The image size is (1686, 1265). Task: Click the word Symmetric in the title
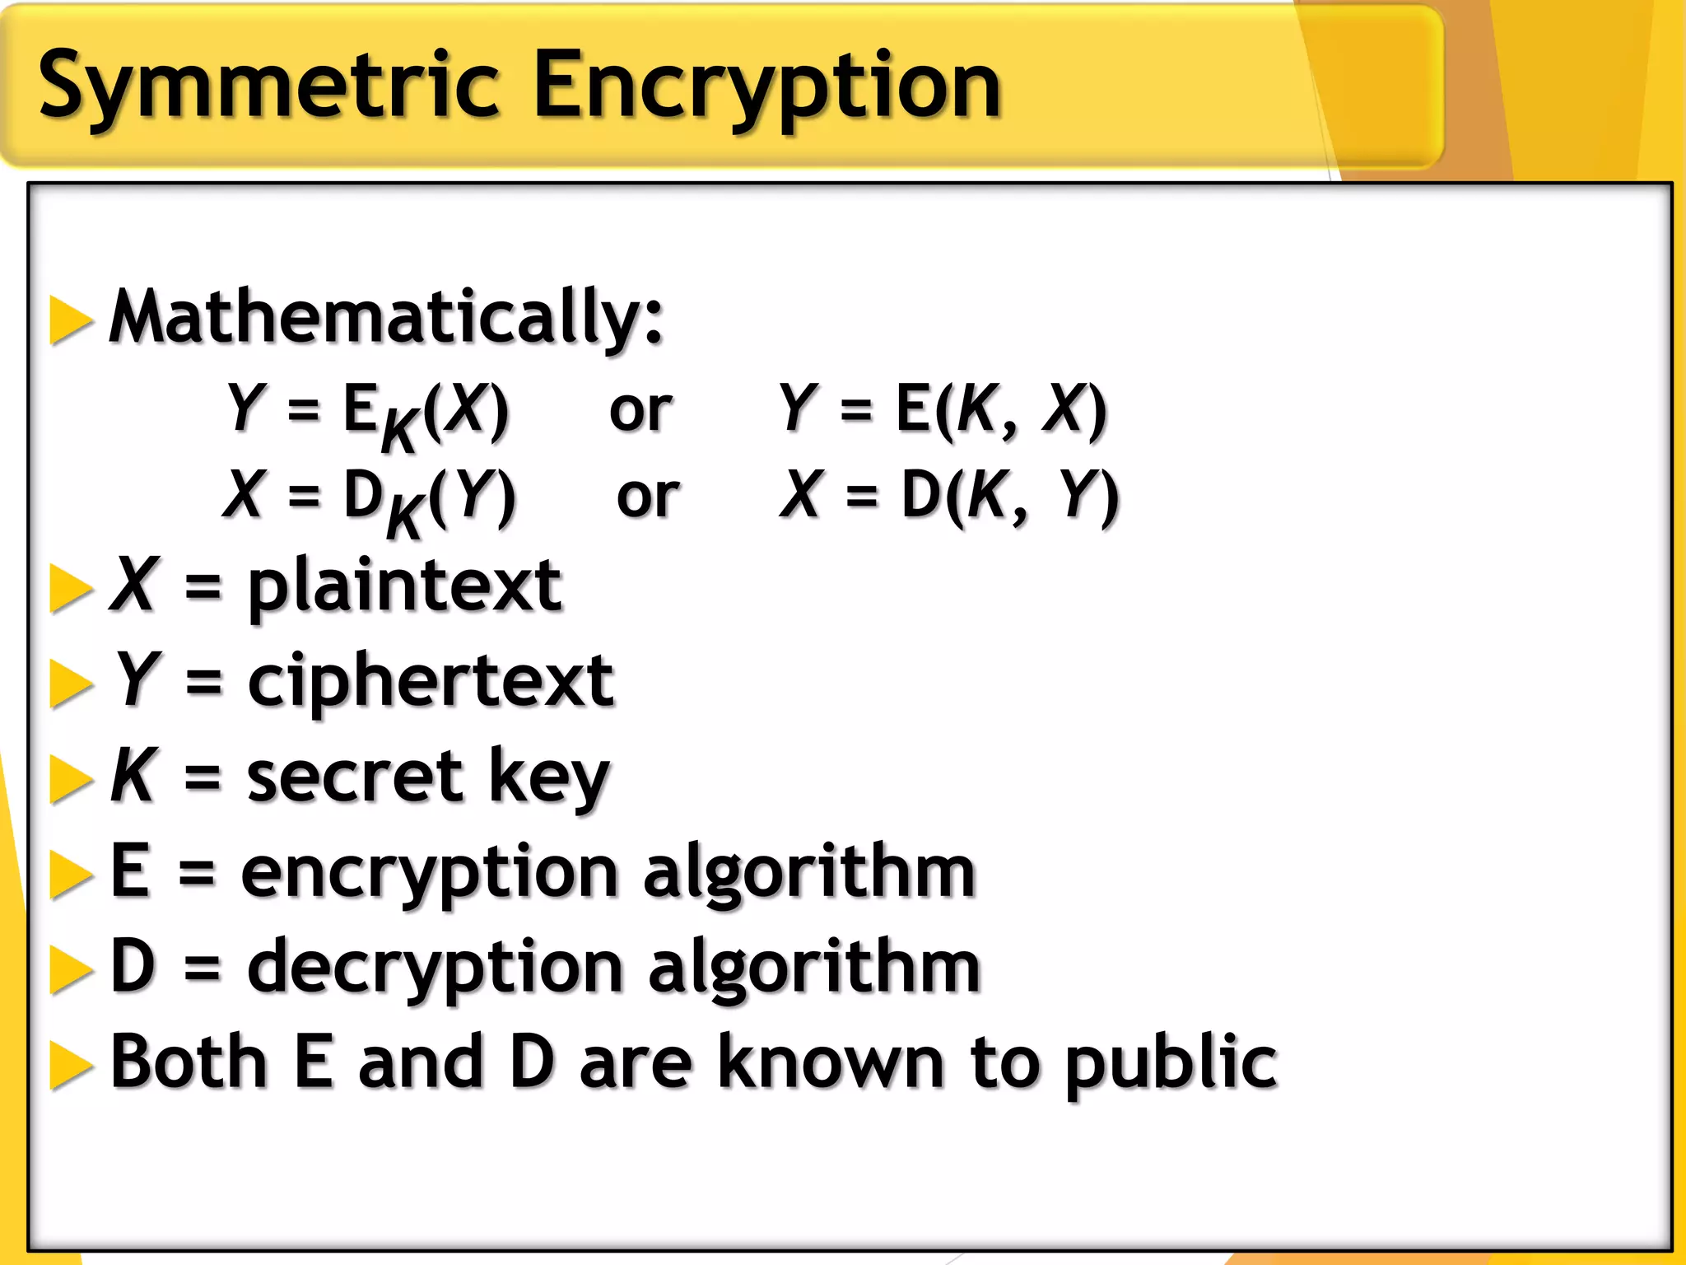(x=268, y=87)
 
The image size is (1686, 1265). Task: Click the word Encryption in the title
(x=767, y=87)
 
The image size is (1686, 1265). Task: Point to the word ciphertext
(x=431, y=682)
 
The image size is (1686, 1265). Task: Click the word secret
(x=355, y=777)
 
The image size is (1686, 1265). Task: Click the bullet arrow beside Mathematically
(x=71, y=320)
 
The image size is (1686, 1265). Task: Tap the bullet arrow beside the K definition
(x=71, y=779)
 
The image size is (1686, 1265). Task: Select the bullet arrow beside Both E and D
(x=71, y=1066)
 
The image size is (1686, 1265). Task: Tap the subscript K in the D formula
(x=405, y=516)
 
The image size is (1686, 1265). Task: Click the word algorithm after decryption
(x=814, y=968)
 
